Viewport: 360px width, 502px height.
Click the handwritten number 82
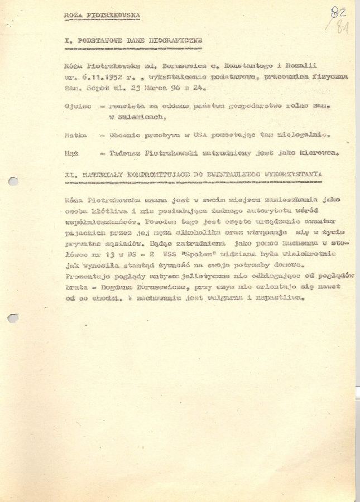(x=337, y=12)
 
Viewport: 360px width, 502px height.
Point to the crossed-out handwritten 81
(x=340, y=27)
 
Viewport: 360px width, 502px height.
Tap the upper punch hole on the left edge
(x=12, y=181)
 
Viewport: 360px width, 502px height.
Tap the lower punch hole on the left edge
(x=12, y=318)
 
